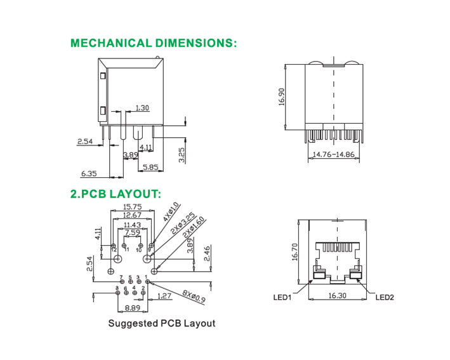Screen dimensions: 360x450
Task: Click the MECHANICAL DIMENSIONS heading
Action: (x=153, y=43)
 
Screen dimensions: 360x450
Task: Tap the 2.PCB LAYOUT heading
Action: (x=116, y=194)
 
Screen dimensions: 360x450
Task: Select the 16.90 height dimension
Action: (x=281, y=97)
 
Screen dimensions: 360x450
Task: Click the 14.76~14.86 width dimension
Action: (x=332, y=154)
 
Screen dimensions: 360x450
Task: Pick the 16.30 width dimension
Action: (x=337, y=296)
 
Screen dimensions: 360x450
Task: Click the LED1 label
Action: (x=282, y=297)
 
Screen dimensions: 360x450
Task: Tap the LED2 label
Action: (x=385, y=297)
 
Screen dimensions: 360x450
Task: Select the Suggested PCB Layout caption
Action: (x=161, y=323)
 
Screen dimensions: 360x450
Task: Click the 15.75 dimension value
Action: (x=132, y=207)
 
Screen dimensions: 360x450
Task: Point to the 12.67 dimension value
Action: (x=132, y=216)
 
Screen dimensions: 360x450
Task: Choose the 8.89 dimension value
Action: (x=132, y=308)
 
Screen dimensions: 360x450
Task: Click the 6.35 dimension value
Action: (x=89, y=173)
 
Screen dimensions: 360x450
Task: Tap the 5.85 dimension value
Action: (x=150, y=168)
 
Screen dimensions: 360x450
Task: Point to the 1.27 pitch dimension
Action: (x=164, y=296)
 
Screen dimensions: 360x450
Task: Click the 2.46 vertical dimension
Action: (x=207, y=254)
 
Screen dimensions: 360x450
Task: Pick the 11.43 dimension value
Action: (x=132, y=225)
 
